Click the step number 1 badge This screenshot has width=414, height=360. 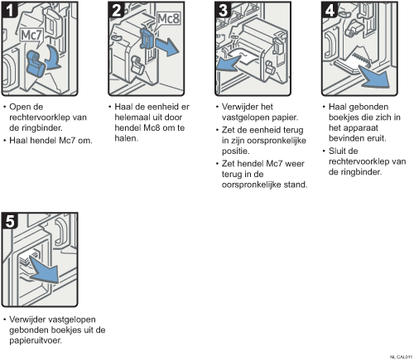pyautogui.click(x=10, y=9)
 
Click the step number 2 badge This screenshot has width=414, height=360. pyautogui.click(x=117, y=10)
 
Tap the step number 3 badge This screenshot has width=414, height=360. pyautogui.click(x=224, y=10)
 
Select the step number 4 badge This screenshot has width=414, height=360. pyautogui.click(x=330, y=10)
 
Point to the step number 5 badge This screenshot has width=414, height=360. pyautogui.click(x=10, y=221)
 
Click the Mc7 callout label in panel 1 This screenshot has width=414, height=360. pyautogui.click(x=31, y=36)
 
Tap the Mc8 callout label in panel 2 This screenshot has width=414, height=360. pyautogui.click(x=168, y=19)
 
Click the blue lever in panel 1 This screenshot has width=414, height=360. pyautogui.click(x=36, y=63)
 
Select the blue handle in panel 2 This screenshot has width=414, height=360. pyautogui.click(x=147, y=39)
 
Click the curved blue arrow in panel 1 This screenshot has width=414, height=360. pyautogui.click(x=55, y=58)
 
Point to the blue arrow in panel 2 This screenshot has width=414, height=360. pyautogui.click(x=166, y=46)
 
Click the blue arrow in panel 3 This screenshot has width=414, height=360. pyautogui.click(x=228, y=63)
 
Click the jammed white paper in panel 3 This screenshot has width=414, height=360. pyautogui.click(x=245, y=58)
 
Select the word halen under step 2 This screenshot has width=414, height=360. pyautogui.click(x=126, y=138)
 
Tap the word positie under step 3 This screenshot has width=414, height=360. pyautogui.click(x=235, y=151)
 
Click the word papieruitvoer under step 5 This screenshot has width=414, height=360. pyautogui.click(x=36, y=340)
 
